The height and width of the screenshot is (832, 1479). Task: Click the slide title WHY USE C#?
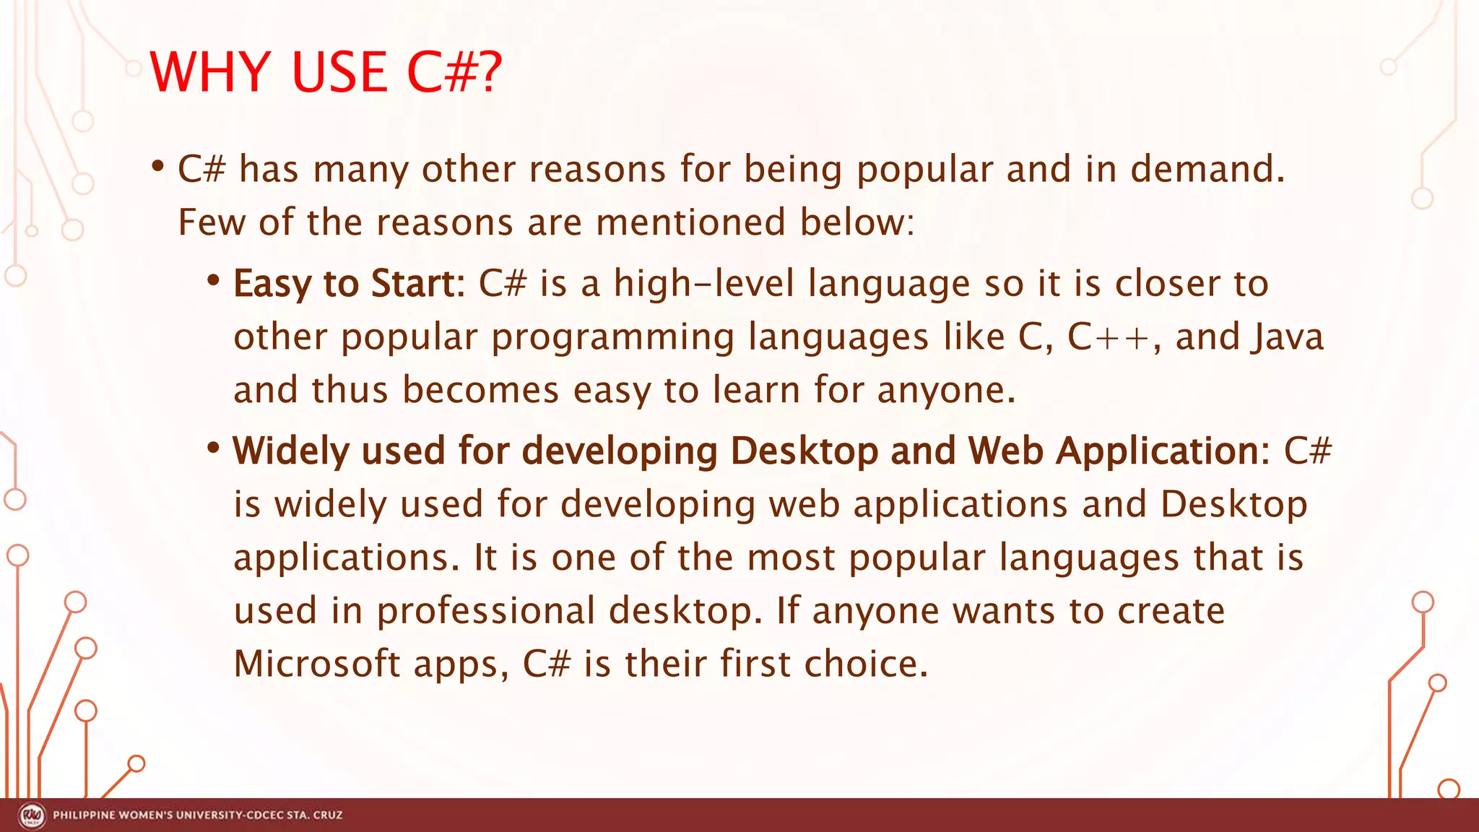[325, 72]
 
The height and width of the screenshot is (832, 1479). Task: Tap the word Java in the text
[1288, 337]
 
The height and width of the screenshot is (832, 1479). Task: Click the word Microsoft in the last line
[317, 664]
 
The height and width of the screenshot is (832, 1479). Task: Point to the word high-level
[703, 283]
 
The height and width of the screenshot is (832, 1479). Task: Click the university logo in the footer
[32, 815]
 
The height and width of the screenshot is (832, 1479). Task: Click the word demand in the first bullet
[1207, 170]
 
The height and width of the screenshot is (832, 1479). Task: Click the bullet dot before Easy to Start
[212, 280]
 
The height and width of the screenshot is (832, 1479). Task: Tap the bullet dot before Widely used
[212, 448]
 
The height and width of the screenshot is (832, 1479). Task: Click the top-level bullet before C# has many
[157, 167]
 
